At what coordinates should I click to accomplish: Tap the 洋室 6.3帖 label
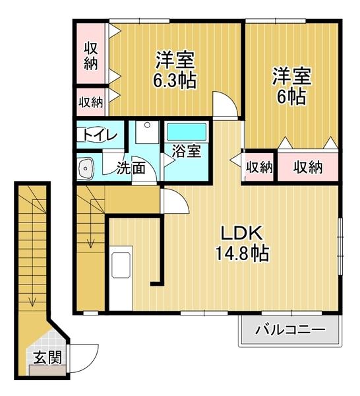click(175, 71)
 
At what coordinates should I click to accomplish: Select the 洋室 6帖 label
click(290, 86)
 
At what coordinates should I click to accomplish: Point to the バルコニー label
click(290, 328)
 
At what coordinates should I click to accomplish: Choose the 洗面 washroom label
click(131, 168)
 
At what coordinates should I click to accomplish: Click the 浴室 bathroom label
click(187, 150)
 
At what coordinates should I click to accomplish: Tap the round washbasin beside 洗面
click(86, 168)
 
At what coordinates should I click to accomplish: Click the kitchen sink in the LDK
click(122, 263)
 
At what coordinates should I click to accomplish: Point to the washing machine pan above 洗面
click(146, 132)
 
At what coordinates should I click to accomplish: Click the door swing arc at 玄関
click(86, 360)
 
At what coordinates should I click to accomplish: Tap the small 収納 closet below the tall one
click(91, 102)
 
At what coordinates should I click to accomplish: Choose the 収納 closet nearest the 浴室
click(259, 168)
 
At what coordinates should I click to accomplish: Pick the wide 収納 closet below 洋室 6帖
click(308, 168)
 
